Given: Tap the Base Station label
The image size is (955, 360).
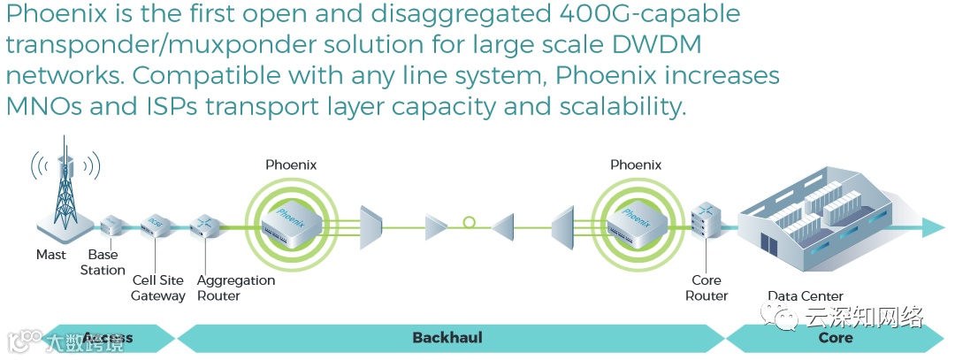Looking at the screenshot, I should coord(103,263).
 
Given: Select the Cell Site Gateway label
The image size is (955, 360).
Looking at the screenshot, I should coord(158,288).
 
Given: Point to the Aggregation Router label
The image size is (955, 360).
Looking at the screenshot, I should coord(235,288).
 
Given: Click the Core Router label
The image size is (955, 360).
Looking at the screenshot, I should coord(707,288).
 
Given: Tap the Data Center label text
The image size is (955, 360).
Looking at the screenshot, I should coord(805,296).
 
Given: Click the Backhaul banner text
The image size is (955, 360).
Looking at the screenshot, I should coord(447,338).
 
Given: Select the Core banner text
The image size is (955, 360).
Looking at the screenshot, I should coord(835,338).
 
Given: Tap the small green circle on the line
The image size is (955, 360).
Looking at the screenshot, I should coord(469,222).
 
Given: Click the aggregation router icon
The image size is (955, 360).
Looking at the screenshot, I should coord(205,226).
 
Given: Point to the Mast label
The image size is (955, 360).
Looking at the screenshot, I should coord(51,255).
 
